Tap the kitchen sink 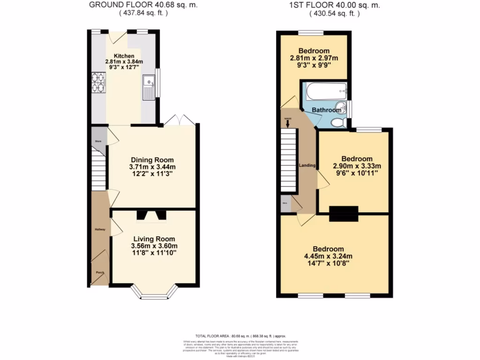(148, 88)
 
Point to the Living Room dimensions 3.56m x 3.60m (154, 246)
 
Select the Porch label (100, 272)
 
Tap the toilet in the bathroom (337, 123)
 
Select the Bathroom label (327, 110)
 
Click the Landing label (307, 165)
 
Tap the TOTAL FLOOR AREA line (240, 336)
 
